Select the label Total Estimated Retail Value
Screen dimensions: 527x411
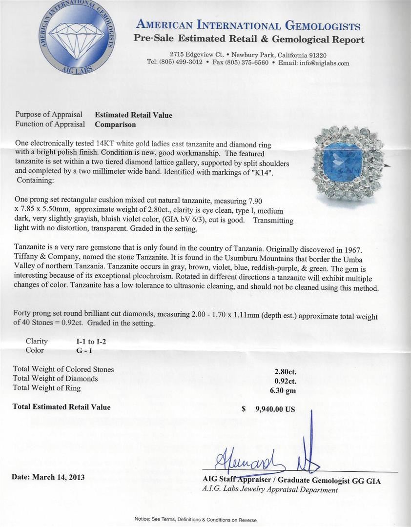(x=62, y=407)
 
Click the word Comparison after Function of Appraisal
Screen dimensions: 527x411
(x=115, y=124)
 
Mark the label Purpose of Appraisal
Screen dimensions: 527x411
(x=49, y=115)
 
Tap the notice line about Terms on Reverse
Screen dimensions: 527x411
(x=195, y=520)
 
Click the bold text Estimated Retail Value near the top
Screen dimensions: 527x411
(x=133, y=115)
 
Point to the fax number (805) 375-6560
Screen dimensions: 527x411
(x=245, y=63)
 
